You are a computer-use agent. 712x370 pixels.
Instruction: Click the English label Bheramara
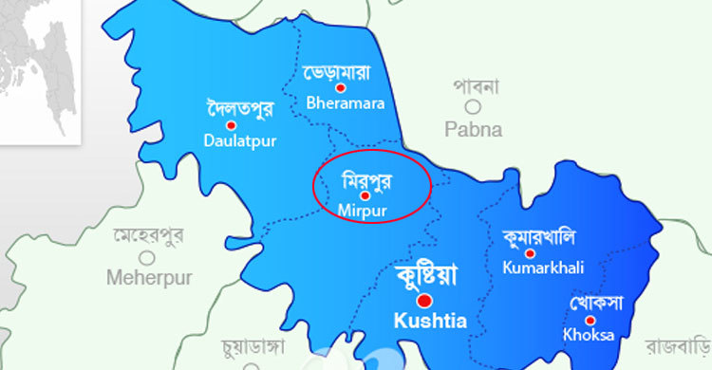(x=345, y=102)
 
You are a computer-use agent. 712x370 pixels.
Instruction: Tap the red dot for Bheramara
(x=341, y=87)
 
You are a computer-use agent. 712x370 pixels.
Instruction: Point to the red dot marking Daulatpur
(x=231, y=124)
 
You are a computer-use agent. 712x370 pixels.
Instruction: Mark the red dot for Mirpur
(x=365, y=194)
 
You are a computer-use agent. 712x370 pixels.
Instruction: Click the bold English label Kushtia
(x=430, y=321)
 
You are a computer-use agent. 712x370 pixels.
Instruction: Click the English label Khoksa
(x=588, y=335)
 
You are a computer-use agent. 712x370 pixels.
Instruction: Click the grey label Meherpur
(x=149, y=278)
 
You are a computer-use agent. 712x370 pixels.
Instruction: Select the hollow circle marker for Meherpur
(x=147, y=256)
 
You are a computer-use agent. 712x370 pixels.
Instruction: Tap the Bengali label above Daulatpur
(x=239, y=108)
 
